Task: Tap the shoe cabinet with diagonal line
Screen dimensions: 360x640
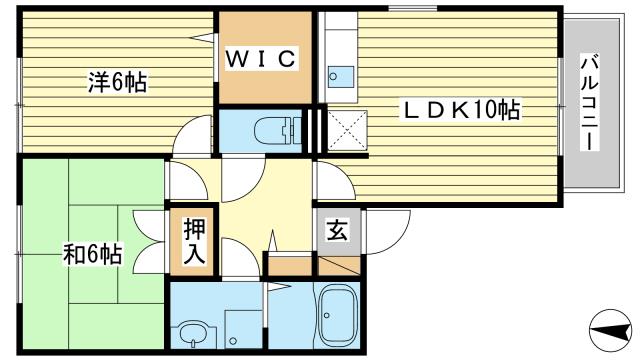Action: point(338,267)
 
